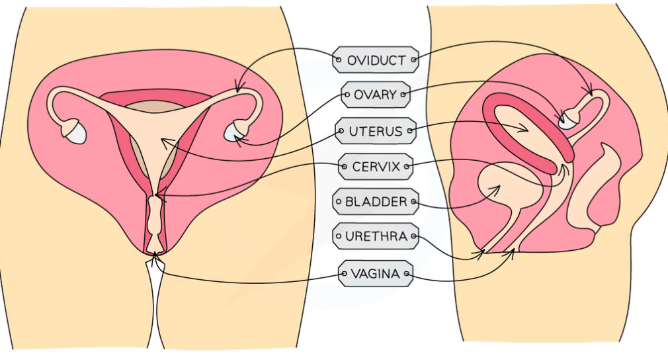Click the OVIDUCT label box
(376, 60)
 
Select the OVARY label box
(376, 95)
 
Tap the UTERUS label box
(376, 132)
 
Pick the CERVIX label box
(376, 166)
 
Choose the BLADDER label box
(376, 201)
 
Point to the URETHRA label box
(376, 236)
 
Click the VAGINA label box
(376, 273)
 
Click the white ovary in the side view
(568, 120)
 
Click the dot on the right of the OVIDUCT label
(413, 60)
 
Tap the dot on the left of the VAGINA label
(344, 273)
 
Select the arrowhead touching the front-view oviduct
(239, 87)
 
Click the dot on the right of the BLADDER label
(413, 201)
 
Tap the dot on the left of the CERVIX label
(344, 166)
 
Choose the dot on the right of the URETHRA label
(413, 236)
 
